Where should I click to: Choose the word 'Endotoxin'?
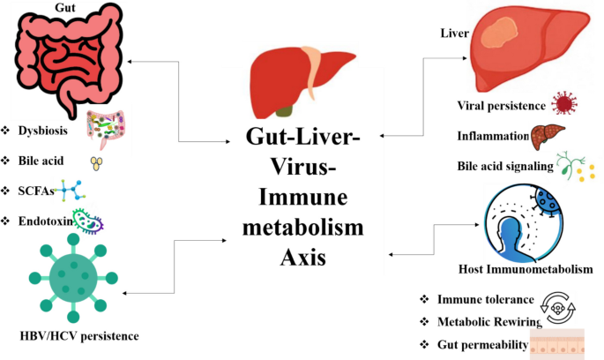click(47, 221)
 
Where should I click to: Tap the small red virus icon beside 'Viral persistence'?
click(562, 105)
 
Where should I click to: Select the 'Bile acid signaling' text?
click(503, 165)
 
